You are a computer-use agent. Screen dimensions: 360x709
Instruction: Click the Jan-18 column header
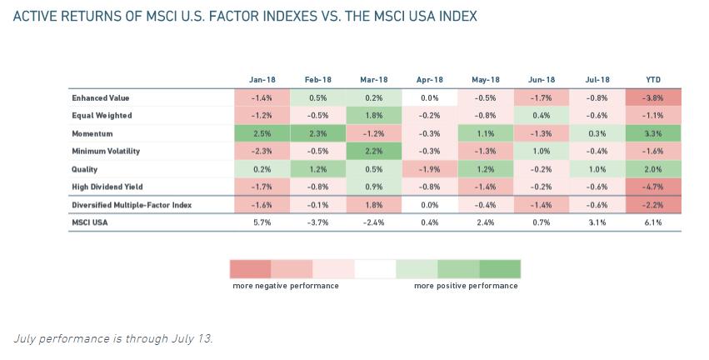point(262,80)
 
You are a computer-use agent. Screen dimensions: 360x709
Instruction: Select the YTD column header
point(653,80)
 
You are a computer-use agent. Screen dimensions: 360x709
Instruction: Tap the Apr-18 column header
point(430,80)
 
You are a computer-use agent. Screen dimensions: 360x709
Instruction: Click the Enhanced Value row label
point(101,98)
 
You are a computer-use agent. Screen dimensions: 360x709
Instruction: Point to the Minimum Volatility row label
point(106,152)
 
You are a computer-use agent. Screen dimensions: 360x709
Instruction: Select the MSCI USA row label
point(90,222)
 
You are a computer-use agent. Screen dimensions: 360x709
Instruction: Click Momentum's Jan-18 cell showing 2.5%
point(262,133)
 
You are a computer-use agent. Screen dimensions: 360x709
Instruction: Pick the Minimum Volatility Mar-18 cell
point(374,152)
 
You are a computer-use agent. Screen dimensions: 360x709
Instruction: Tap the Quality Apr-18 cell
point(430,169)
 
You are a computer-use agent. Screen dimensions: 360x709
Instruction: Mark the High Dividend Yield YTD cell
point(653,187)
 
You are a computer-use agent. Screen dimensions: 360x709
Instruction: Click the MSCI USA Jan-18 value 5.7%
point(262,222)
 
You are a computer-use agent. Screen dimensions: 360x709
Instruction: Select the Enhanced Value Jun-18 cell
point(542,98)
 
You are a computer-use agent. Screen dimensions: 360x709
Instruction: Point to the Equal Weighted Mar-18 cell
point(374,116)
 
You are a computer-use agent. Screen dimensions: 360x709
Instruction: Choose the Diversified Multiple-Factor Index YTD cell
point(653,205)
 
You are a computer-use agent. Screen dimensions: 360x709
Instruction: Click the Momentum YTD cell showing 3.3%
point(653,133)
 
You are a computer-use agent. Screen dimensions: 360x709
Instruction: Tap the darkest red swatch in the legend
point(250,269)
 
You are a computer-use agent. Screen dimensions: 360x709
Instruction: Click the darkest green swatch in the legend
point(500,269)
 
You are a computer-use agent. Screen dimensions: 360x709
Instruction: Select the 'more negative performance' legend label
point(286,286)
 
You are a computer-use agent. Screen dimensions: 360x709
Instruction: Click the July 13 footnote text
point(113,338)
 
